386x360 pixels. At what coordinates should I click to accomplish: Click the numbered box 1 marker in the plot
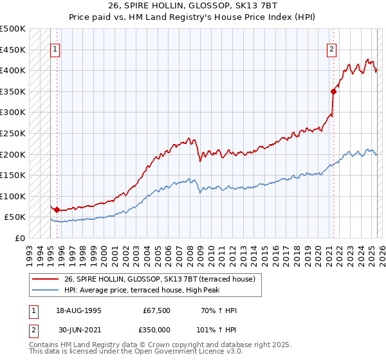55,49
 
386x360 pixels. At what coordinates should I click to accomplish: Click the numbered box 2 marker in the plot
331,49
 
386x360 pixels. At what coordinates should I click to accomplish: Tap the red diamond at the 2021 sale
334,91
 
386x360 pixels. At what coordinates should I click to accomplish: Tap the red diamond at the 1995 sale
57,210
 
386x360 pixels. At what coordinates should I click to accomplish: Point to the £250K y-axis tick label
13,133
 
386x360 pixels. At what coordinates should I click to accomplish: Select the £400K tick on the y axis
13,70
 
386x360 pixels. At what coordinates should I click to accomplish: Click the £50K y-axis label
15,217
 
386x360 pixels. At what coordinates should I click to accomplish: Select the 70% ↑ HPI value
219,310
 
